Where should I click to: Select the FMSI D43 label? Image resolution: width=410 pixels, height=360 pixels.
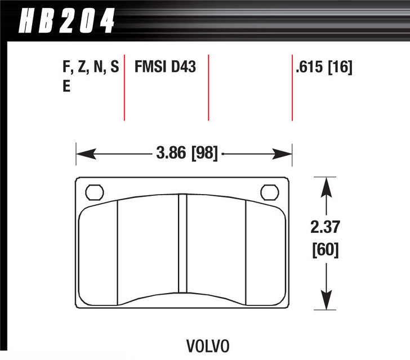pos(164,68)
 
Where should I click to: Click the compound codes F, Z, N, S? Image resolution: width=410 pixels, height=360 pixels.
pos(91,68)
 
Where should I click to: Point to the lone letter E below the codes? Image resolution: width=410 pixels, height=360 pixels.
pos(66,87)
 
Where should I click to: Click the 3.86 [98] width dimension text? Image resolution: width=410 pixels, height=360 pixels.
pos(185,153)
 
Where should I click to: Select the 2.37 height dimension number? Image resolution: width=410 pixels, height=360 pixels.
pos(324,228)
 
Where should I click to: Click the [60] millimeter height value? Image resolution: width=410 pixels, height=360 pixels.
pos(324,249)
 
